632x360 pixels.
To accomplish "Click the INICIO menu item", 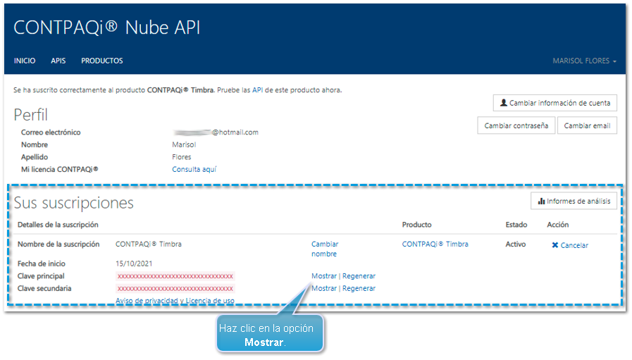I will (25, 61).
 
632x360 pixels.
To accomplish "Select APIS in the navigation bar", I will (58, 61).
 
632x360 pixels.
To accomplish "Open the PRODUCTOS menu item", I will (101, 61).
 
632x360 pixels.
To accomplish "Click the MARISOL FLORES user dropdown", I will (584, 61).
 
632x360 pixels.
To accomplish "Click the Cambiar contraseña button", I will (516, 125).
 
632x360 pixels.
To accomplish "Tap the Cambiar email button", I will (587, 125).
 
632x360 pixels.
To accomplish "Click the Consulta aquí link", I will (194, 169).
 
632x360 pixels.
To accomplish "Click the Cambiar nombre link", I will (324, 249).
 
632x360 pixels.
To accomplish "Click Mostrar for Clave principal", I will (323, 276).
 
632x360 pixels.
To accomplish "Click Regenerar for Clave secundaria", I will (359, 288).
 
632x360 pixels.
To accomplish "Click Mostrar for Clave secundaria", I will (323, 288).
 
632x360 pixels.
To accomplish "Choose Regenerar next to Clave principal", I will (359, 276).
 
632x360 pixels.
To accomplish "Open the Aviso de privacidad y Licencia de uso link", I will (175, 301).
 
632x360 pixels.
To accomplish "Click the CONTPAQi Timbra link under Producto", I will (435, 244).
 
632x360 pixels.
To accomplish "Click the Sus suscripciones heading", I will (74, 203).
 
